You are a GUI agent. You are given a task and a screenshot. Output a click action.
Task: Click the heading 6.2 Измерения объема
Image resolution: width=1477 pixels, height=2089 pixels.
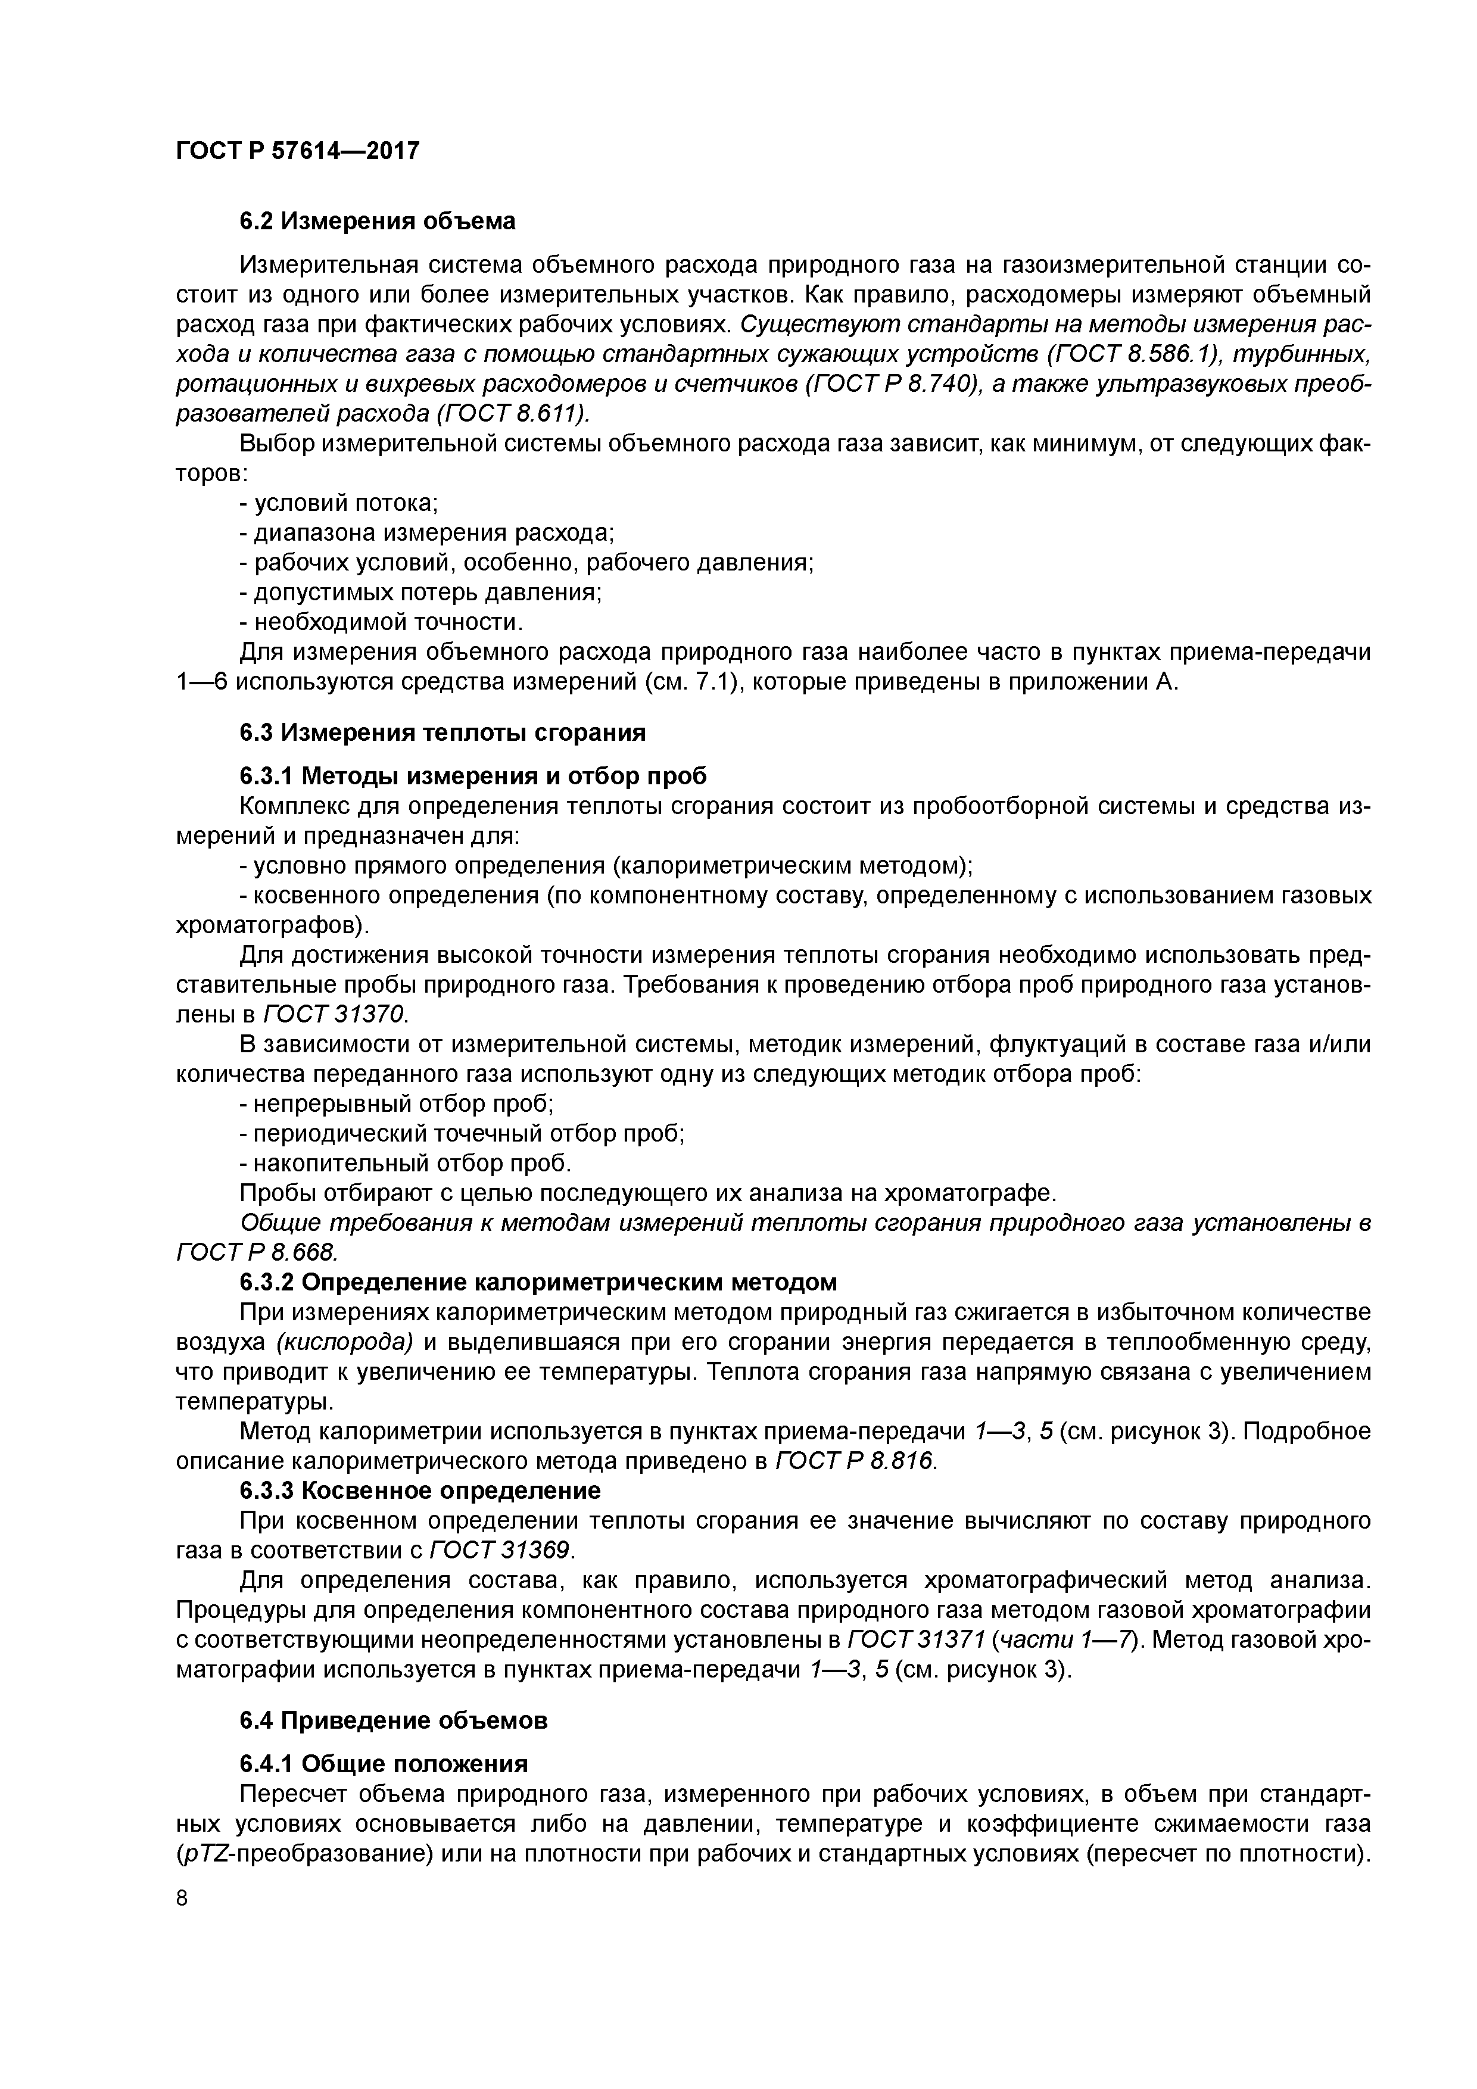click(x=377, y=221)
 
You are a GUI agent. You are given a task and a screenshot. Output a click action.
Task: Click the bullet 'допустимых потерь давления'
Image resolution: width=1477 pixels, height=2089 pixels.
click(x=420, y=593)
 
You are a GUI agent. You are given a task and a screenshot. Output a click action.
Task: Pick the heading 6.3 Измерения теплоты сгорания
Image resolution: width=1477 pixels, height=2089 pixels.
click(x=443, y=732)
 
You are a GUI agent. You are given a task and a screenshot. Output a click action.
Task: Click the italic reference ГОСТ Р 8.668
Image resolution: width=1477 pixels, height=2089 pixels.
click(x=257, y=1253)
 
